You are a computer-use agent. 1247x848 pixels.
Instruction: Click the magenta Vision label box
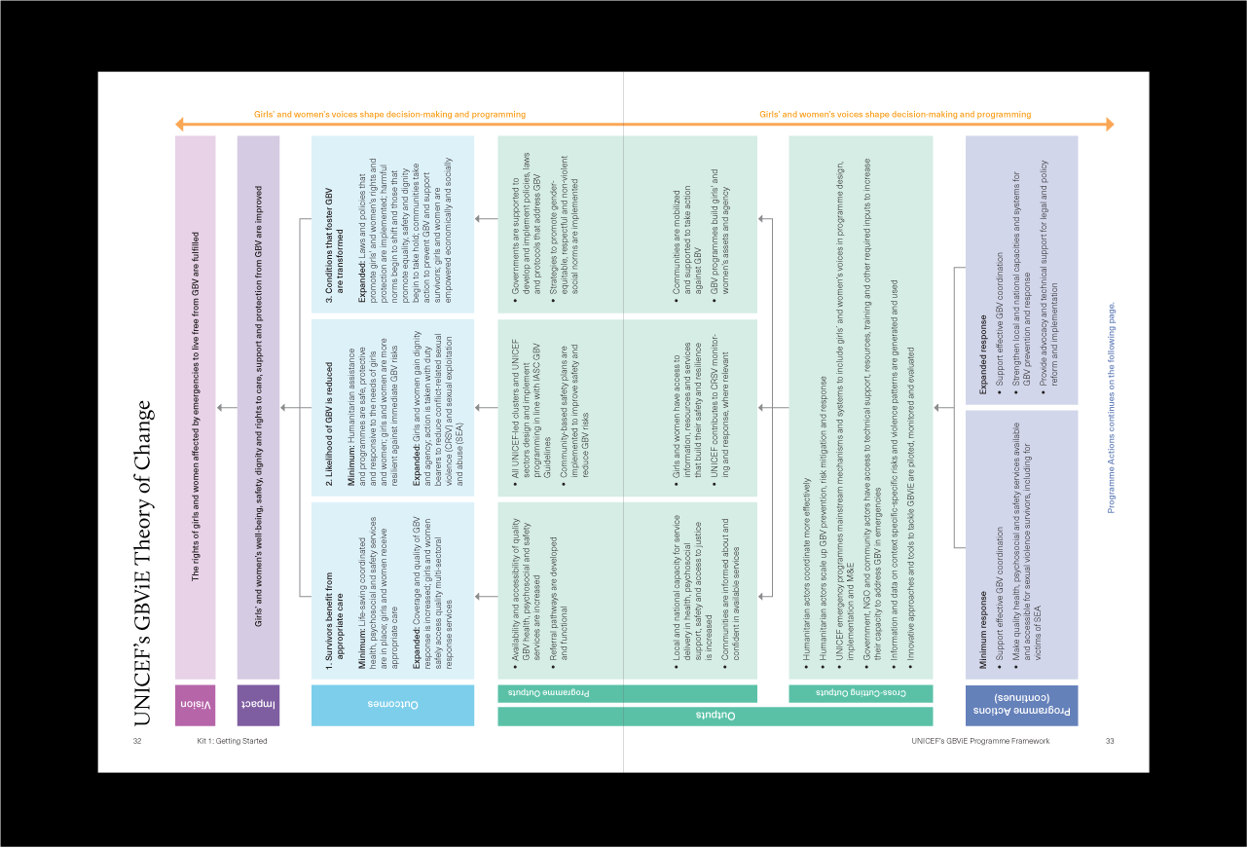195,705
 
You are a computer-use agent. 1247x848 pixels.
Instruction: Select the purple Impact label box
258,705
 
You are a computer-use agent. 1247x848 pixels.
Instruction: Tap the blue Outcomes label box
392,705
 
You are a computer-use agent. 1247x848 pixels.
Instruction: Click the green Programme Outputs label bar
628,693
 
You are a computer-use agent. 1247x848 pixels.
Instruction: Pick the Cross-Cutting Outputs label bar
861,693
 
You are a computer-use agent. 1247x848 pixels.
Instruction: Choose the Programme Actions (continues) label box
1021,705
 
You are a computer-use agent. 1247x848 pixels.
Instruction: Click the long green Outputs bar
715,716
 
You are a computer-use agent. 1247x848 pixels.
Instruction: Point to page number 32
137,741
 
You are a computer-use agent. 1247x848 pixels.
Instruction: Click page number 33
1110,741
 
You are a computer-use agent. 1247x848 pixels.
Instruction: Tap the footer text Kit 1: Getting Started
232,741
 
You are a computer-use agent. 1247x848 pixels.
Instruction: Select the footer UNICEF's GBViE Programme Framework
980,741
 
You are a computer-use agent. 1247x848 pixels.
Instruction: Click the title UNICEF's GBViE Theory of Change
142,563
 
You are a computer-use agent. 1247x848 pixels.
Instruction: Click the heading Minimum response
983,630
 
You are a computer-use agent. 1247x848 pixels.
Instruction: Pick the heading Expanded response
983,354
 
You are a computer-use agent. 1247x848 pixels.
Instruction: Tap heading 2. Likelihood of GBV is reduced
329,424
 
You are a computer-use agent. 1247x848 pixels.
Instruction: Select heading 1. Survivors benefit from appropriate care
335,620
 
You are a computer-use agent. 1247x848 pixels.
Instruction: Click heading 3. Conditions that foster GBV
335,245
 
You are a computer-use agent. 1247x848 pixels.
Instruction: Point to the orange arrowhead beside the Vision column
179,125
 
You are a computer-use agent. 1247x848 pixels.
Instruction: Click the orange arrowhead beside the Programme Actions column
1110,125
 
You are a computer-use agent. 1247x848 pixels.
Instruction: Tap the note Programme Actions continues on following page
1111,408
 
